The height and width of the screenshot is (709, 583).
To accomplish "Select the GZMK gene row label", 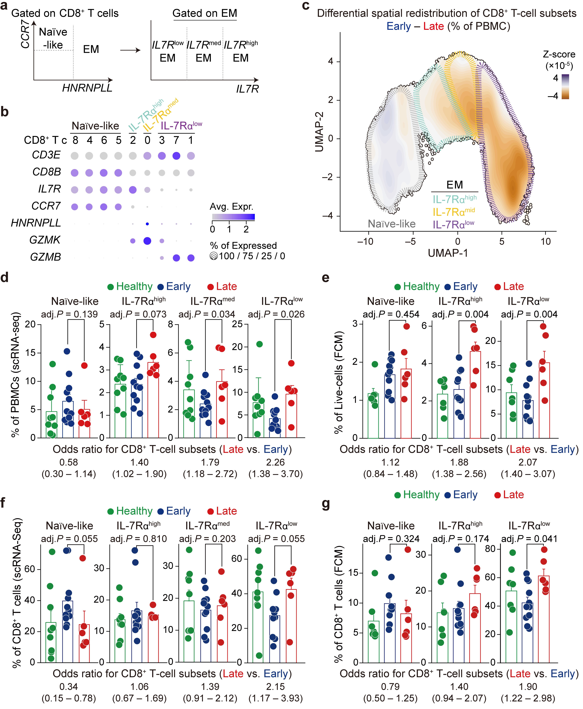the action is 45,240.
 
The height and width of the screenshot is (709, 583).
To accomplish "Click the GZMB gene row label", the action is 46,257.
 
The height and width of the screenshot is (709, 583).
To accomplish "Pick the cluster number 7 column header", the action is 176,140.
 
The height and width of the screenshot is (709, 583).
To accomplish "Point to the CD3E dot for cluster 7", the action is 176,156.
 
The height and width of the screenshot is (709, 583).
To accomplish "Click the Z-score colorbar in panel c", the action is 565,87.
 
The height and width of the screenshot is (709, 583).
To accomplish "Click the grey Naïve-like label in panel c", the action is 392,224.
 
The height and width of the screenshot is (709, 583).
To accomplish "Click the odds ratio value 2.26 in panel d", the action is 275,462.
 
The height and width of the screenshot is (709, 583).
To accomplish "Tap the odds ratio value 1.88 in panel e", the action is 459,462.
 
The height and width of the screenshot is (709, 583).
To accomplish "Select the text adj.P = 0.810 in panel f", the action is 138,539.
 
